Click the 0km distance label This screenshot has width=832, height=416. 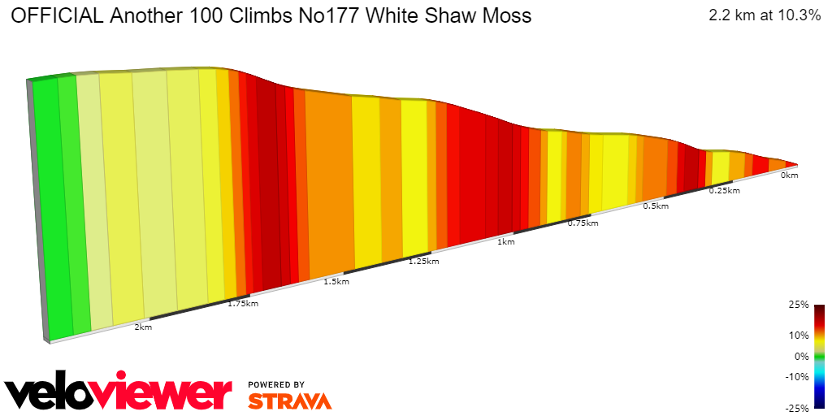(789, 175)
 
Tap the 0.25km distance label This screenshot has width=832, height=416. (724, 191)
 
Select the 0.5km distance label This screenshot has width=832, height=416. (656, 206)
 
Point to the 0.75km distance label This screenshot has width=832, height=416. (583, 223)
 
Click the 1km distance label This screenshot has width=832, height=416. (505, 242)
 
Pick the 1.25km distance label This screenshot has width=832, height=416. (423, 262)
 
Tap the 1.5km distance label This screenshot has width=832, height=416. (336, 282)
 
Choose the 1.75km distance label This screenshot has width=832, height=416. (243, 304)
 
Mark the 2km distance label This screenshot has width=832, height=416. (143, 327)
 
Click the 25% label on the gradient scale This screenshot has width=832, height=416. (798, 305)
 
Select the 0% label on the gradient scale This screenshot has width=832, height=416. (801, 356)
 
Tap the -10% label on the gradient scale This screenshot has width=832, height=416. (796, 376)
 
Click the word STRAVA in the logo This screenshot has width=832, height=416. (289, 401)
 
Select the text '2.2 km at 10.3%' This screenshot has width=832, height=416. (765, 15)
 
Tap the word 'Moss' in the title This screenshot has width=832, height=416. (506, 15)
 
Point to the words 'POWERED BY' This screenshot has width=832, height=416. (276, 384)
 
